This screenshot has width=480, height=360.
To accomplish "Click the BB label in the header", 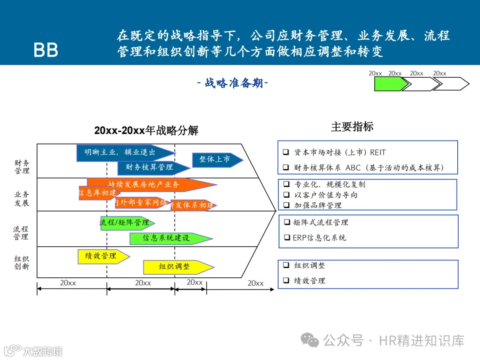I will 46,50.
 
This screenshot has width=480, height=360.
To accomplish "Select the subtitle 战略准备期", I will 232,83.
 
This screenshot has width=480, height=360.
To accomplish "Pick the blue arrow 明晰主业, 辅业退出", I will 122,152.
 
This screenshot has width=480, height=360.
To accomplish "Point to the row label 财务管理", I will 22,167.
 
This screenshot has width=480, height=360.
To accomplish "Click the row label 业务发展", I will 22,199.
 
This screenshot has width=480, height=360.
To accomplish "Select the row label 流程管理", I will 21,233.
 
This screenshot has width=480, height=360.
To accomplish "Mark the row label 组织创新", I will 21,263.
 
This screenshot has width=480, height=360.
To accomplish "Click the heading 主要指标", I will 352,127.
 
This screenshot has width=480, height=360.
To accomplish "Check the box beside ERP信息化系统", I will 287,238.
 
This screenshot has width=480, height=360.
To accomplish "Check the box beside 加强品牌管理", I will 287,205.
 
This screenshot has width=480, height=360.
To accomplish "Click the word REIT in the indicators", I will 378,152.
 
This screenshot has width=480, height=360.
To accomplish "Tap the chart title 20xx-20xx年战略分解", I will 146,131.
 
